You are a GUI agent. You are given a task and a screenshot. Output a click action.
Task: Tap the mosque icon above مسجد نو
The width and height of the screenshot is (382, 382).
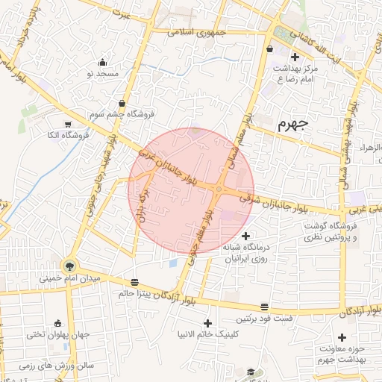click(x=102, y=63)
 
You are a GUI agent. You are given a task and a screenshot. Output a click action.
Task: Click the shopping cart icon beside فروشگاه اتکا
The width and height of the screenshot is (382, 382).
click(x=68, y=125)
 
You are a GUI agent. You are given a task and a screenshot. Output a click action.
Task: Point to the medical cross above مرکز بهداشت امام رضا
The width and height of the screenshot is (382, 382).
click(x=295, y=57)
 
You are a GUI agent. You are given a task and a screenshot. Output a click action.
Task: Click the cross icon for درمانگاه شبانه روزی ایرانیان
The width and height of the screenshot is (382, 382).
click(x=246, y=236)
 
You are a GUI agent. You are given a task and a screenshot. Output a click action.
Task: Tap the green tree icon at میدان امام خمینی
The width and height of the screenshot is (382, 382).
click(x=70, y=265)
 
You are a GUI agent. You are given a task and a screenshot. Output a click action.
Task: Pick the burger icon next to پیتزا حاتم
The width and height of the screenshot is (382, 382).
click(x=134, y=282)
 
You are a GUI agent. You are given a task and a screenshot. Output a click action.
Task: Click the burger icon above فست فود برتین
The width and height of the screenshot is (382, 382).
click(x=264, y=307)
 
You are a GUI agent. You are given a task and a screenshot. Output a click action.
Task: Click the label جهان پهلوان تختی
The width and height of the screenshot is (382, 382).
click(x=57, y=335)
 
